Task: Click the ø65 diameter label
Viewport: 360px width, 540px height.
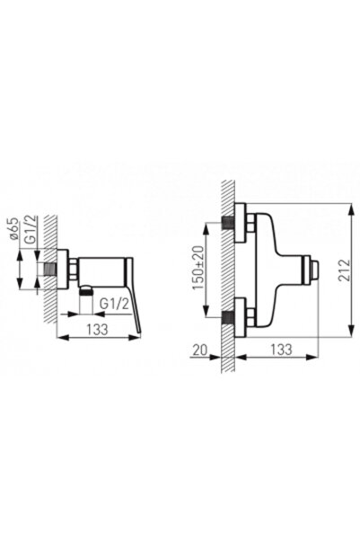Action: coord(13,229)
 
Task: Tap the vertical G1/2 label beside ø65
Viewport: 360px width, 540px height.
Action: coord(31,230)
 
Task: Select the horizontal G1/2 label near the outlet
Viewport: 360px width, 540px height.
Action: coord(114,304)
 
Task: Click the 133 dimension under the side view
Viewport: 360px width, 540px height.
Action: coord(97,330)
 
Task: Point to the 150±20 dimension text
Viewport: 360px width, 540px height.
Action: coord(198,269)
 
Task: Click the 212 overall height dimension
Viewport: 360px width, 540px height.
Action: coord(344,270)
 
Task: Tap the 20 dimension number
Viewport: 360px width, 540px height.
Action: coord(200,350)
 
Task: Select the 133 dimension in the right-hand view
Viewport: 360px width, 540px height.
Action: coord(281,350)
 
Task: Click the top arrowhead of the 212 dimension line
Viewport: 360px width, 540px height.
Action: coord(351,209)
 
